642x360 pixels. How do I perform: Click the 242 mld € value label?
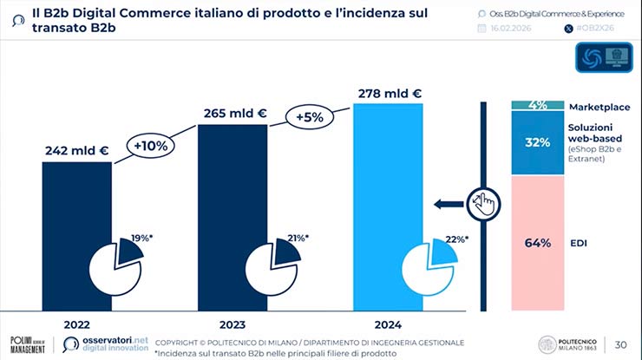(76, 150)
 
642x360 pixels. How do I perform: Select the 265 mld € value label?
(233, 113)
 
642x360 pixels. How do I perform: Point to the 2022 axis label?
(76, 324)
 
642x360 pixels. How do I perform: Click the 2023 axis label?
(233, 324)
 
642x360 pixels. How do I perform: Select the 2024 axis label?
(388, 324)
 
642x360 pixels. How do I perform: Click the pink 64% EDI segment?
(538, 243)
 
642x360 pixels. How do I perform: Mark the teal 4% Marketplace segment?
(538, 105)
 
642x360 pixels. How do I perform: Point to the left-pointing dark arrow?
(448, 205)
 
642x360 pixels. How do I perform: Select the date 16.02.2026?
(516, 29)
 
